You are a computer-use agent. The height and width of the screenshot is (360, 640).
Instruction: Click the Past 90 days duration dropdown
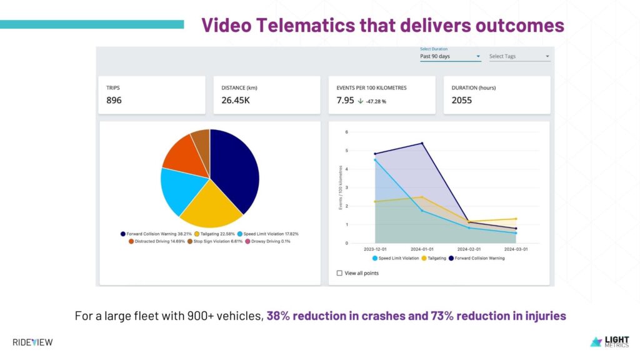450,56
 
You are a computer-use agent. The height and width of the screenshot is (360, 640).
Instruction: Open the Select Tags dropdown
519,56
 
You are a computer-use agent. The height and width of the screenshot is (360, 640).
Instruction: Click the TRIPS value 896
114,101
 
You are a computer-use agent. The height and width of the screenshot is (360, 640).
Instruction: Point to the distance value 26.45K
236,101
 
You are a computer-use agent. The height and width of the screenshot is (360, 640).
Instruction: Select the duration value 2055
462,101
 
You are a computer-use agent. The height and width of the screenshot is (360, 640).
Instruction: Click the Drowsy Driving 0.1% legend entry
267,241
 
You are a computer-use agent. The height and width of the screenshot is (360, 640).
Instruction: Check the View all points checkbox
339,273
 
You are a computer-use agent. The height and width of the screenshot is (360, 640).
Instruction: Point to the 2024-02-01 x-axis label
469,249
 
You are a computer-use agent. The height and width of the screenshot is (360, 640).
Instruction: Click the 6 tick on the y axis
346,132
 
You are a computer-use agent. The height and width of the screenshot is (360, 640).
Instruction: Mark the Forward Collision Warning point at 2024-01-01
422,143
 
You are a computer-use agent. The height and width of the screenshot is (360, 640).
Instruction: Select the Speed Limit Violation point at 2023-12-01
375,160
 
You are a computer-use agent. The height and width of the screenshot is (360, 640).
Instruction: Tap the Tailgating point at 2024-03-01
516,219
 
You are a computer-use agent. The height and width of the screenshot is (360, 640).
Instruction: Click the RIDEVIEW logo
32,342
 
